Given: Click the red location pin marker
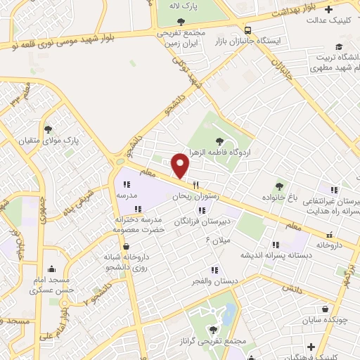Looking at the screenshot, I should coord(181,165).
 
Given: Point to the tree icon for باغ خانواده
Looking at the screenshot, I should coord(280,186).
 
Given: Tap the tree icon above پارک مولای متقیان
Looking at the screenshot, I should coord(49,129).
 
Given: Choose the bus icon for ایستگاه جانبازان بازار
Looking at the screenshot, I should coord(247,30).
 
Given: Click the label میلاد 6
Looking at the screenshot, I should coord(217,240).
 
